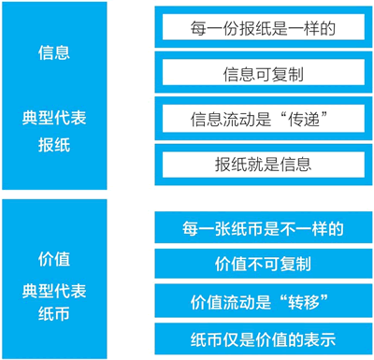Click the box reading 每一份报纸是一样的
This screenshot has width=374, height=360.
[264, 27]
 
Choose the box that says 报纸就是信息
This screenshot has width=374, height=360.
[264, 165]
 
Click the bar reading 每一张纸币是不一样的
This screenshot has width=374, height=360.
[264, 227]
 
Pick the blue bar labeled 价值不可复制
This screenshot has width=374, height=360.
[264, 264]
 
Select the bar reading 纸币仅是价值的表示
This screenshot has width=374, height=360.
[264, 338]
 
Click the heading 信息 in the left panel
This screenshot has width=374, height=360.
[54, 52]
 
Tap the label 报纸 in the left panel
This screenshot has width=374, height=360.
[54, 145]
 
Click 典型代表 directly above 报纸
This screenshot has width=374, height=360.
[54, 118]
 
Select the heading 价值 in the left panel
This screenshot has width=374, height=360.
[54, 259]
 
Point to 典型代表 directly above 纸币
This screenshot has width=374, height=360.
[54, 291]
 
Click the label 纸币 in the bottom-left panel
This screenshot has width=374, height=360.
[54, 313]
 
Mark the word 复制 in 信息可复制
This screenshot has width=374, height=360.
[287, 75]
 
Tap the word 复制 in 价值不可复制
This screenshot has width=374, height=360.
[295, 264]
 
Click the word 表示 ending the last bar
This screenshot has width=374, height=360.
[320, 339]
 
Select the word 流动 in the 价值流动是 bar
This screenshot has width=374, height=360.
[239, 302]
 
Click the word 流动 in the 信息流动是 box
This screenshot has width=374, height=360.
[239, 119]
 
